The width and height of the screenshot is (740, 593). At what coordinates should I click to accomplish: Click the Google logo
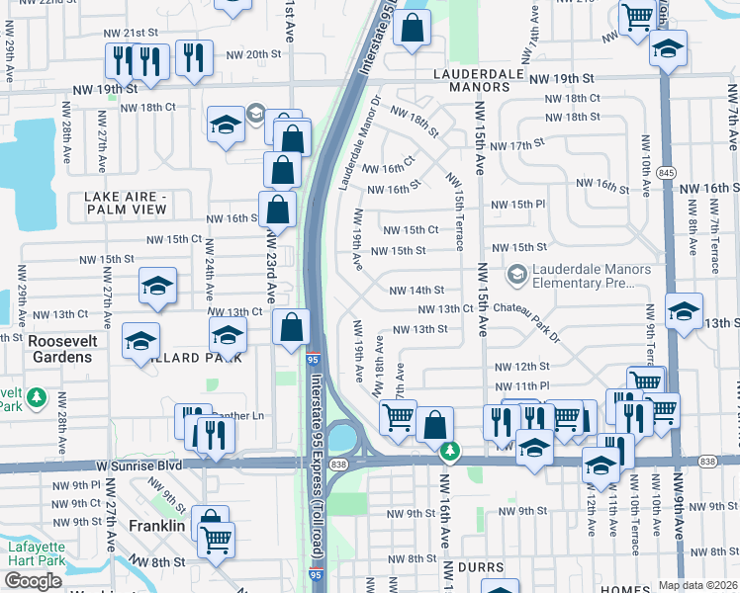[x=35, y=581]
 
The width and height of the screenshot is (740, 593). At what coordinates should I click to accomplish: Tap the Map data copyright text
[x=697, y=585]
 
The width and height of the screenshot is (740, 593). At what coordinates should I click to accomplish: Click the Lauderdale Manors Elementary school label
[x=592, y=276]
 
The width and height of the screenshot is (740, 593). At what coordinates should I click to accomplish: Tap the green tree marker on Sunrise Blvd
[x=450, y=452]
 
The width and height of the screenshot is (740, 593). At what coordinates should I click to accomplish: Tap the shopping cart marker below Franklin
[x=215, y=540]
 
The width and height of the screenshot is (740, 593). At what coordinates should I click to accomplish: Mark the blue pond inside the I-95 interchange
[x=343, y=435]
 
